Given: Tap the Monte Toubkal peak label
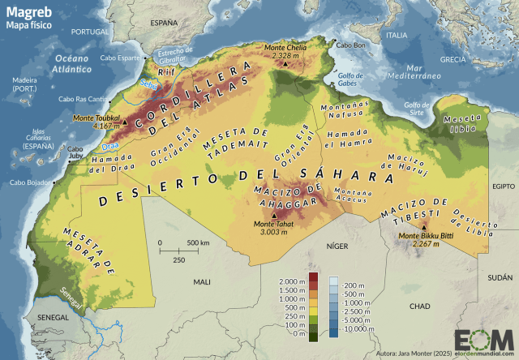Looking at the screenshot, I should click(x=97, y=118).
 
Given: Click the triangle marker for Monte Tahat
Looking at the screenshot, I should click(x=272, y=216).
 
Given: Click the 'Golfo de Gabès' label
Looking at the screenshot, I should click(x=351, y=79).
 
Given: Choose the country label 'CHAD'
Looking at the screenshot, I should click(x=420, y=306).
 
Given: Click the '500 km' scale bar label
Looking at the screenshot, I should click(x=198, y=243).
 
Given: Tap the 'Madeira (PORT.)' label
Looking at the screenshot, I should click(x=25, y=84).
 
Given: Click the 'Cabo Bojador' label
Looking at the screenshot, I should click(x=28, y=182).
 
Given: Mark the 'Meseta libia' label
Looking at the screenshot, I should click(x=459, y=123).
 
